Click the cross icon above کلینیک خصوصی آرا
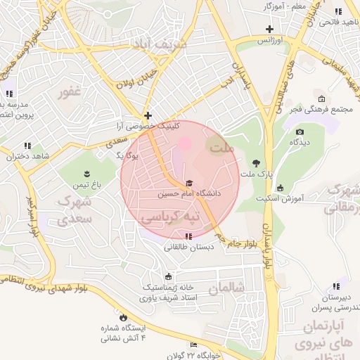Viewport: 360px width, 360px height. pos(148,115)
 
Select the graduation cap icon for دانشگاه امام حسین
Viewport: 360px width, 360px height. pos(188,183)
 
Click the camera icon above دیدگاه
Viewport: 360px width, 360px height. pos(300,132)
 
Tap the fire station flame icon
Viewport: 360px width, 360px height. pos(124,318)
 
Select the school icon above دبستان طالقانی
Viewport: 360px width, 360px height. pos(188,236)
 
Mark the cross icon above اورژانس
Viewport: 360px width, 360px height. pos(269,29)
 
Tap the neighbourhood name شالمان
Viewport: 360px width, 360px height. pos(230,288)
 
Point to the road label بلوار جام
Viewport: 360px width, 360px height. pos(241,243)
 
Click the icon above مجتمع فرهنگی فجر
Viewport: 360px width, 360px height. pos(322,98)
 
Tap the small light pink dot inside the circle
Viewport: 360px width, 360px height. pos(184,143)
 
